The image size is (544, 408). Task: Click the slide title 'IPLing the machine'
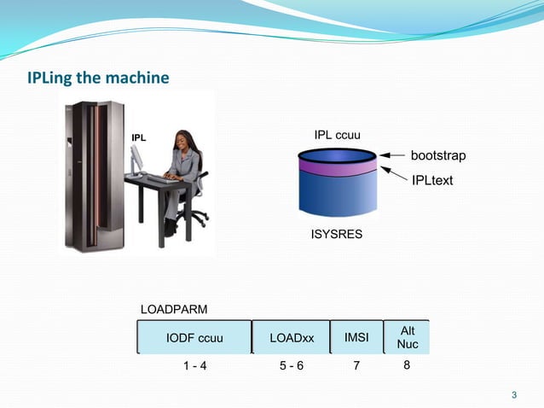tap(99, 79)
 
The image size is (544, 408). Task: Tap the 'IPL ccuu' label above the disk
tap(338, 136)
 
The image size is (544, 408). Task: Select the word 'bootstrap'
tap(439, 156)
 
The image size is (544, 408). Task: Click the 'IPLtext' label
tap(432, 180)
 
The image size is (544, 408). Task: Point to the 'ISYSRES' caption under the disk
tap(336, 233)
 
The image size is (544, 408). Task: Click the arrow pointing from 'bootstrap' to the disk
tap(392, 156)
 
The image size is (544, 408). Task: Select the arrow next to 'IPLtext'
tap(392, 173)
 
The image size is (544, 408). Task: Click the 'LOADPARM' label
tap(173, 307)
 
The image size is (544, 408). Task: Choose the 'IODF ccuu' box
tap(194, 337)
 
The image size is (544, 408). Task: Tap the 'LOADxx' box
tap(292, 337)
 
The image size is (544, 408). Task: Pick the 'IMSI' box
tap(356, 337)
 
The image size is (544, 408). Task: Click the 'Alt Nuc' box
tap(407, 337)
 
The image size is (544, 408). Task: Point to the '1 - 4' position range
tap(194, 366)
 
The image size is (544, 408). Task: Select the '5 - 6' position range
tap(292, 366)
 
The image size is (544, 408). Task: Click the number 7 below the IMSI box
tap(356, 366)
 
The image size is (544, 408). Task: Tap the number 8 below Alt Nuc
tap(407, 365)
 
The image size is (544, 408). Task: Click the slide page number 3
tap(513, 394)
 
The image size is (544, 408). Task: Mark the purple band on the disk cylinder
tap(337, 167)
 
